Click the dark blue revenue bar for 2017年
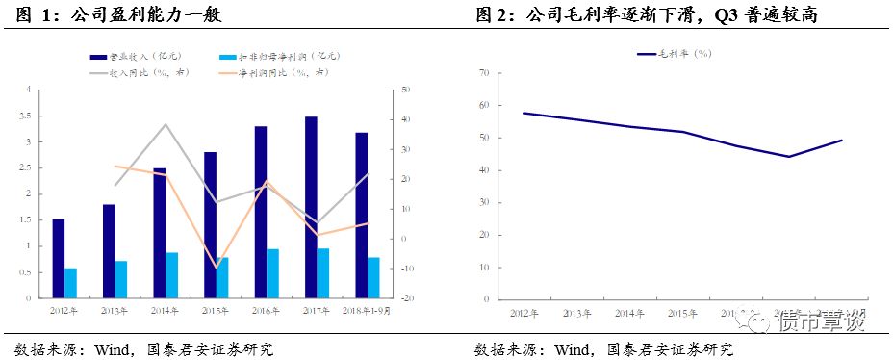(x=311, y=207)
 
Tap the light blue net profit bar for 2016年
(x=273, y=273)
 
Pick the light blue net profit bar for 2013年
(x=121, y=279)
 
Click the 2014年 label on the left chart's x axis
(x=167, y=311)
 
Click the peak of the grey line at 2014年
(x=166, y=124)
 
